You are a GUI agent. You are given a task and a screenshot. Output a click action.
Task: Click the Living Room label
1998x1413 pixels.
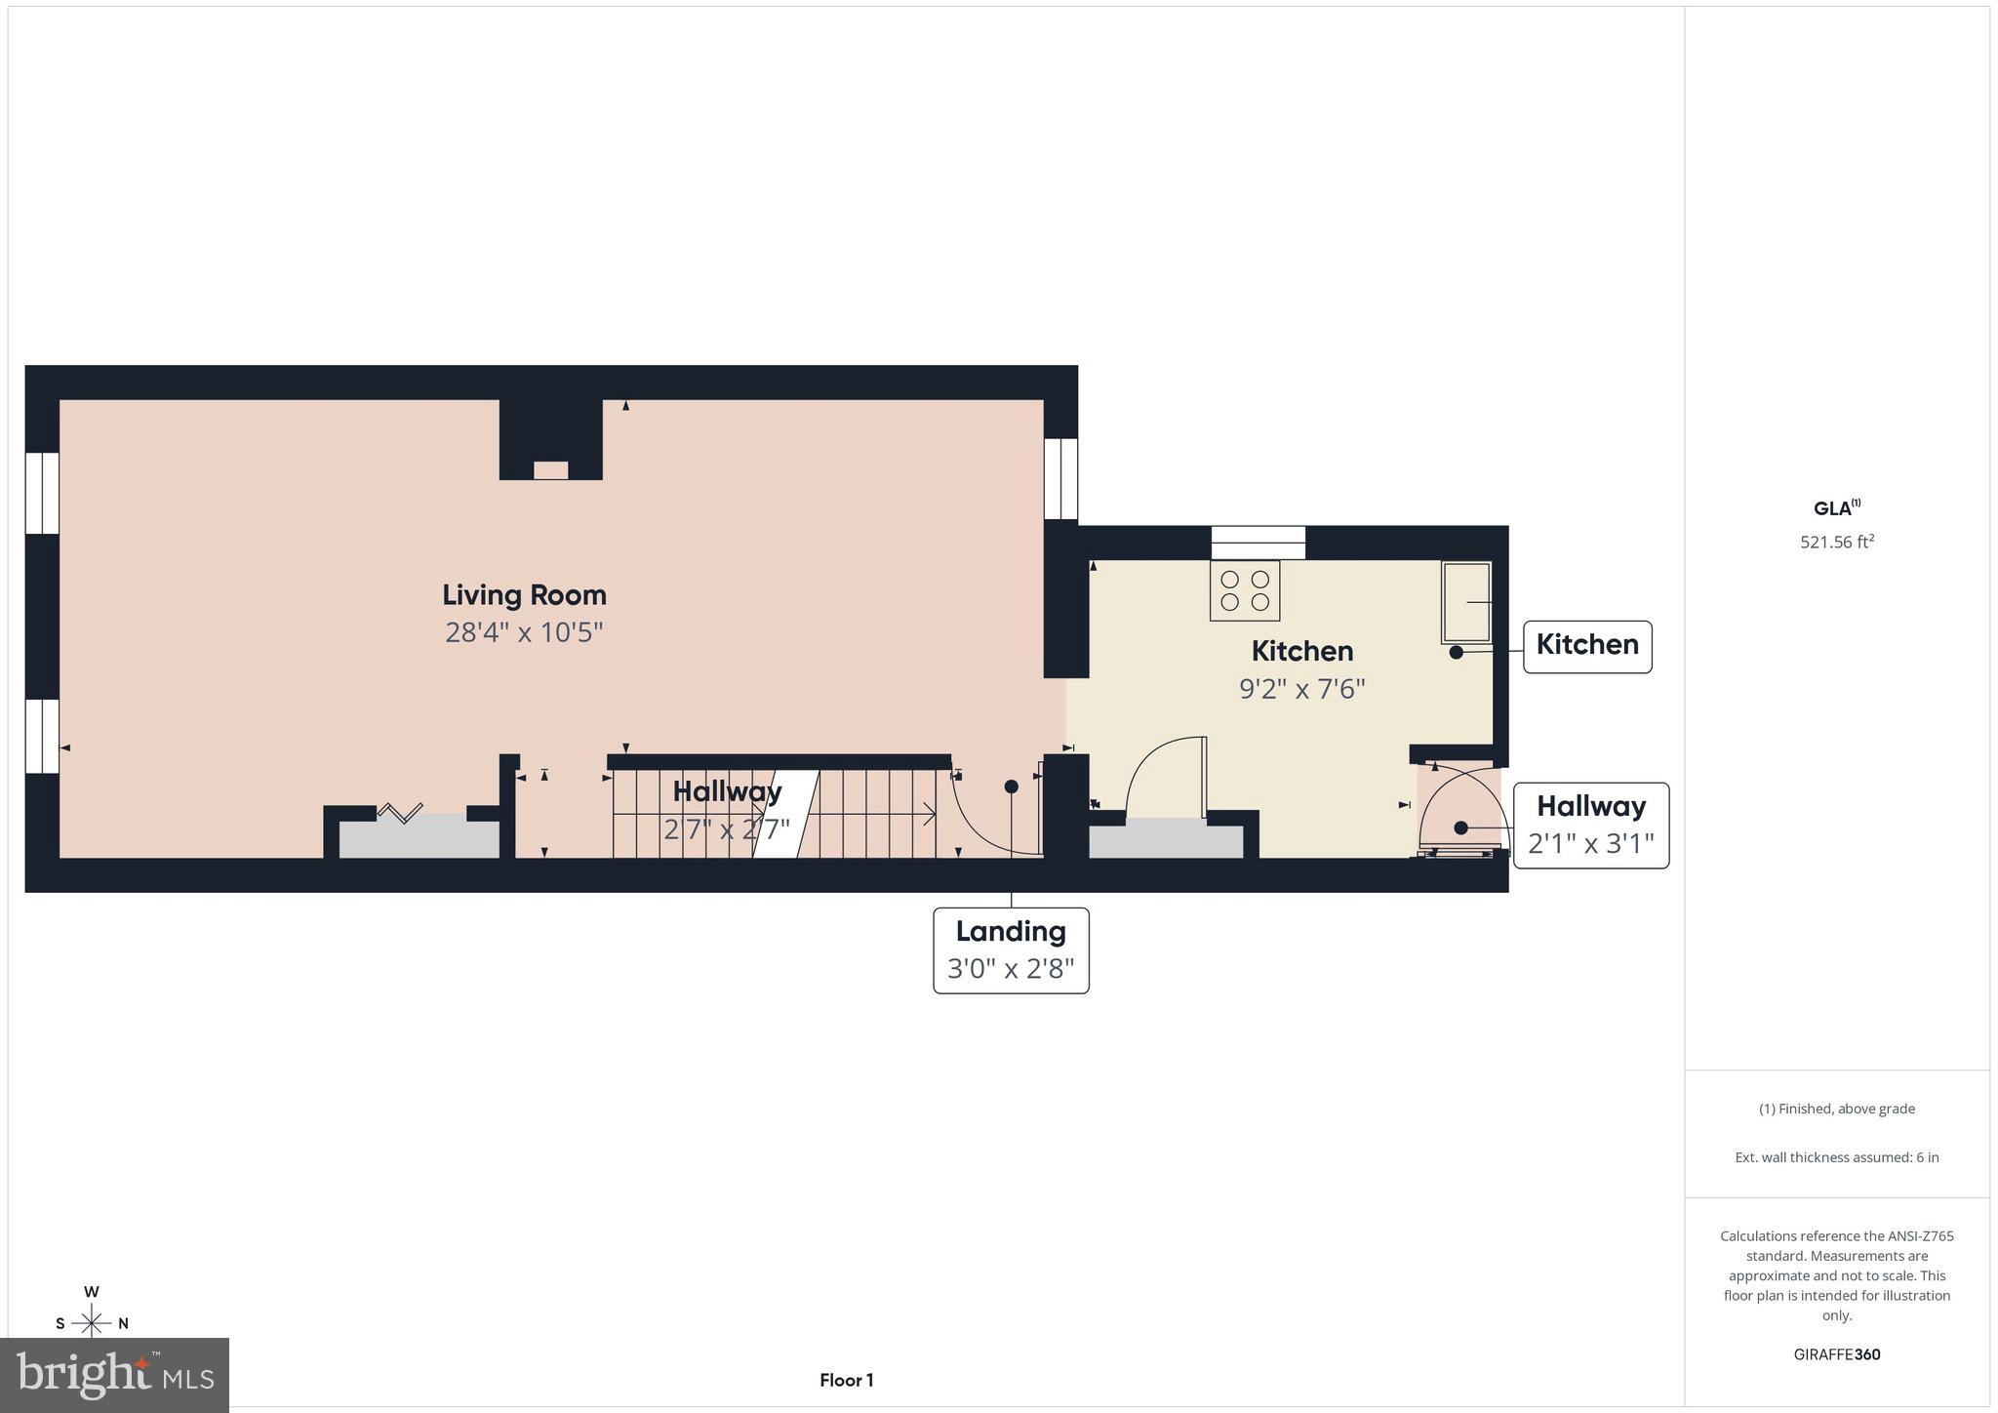tap(524, 594)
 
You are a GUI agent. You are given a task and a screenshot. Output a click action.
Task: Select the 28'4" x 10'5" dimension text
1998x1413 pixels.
tap(524, 632)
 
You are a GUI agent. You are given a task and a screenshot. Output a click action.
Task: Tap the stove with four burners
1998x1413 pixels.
tap(1245, 590)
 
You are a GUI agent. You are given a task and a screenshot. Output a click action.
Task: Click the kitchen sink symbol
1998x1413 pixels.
tap(1466, 602)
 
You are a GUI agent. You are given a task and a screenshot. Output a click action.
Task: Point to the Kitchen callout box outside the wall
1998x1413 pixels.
tap(1587, 646)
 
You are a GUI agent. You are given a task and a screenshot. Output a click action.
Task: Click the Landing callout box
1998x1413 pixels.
tap(1011, 949)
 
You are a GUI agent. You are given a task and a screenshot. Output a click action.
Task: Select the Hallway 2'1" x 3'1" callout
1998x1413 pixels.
tap(1590, 825)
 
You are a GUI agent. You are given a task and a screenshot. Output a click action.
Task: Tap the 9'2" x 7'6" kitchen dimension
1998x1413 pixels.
tap(1301, 689)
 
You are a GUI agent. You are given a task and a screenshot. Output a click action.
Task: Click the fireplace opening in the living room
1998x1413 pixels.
tap(550, 470)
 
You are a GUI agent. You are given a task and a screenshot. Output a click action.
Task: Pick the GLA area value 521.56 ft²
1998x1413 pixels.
tap(1837, 542)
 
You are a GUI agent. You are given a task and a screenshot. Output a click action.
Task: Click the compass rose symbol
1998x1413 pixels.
tap(92, 1322)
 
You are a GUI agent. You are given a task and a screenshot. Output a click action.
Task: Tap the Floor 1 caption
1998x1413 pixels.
tap(846, 1380)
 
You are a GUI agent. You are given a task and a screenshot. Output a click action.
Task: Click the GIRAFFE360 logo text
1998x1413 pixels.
tap(1837, 1354)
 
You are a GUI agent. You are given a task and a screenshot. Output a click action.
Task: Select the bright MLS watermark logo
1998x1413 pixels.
tap(115, 1375)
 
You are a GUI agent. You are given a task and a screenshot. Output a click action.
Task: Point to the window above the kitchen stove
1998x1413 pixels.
tap(1258, 543)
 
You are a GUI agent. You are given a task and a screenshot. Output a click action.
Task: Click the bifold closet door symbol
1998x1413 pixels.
tap(400, 812)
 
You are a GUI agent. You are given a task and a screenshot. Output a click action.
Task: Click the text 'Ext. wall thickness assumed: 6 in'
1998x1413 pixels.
tap(1837, 1157)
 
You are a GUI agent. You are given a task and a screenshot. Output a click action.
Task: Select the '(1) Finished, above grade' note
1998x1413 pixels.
tap(1837, 1109)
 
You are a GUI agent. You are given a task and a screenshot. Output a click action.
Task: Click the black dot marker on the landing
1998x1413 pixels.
tap(1012, 787)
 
